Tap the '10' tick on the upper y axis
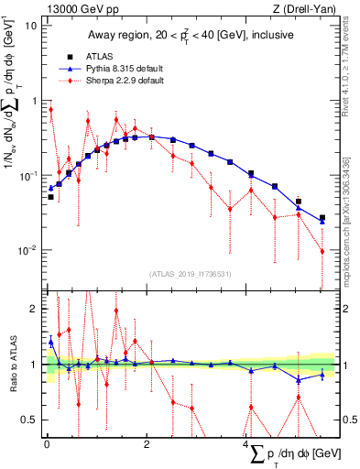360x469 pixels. [31, 25]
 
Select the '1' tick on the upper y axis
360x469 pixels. [34, 100]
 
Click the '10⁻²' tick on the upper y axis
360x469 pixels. [28, 250]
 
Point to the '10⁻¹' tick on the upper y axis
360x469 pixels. [28, 175]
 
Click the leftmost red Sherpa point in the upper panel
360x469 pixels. [50, 110]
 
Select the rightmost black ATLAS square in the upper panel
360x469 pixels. [322, 218]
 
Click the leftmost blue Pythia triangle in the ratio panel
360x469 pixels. [50, 342]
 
